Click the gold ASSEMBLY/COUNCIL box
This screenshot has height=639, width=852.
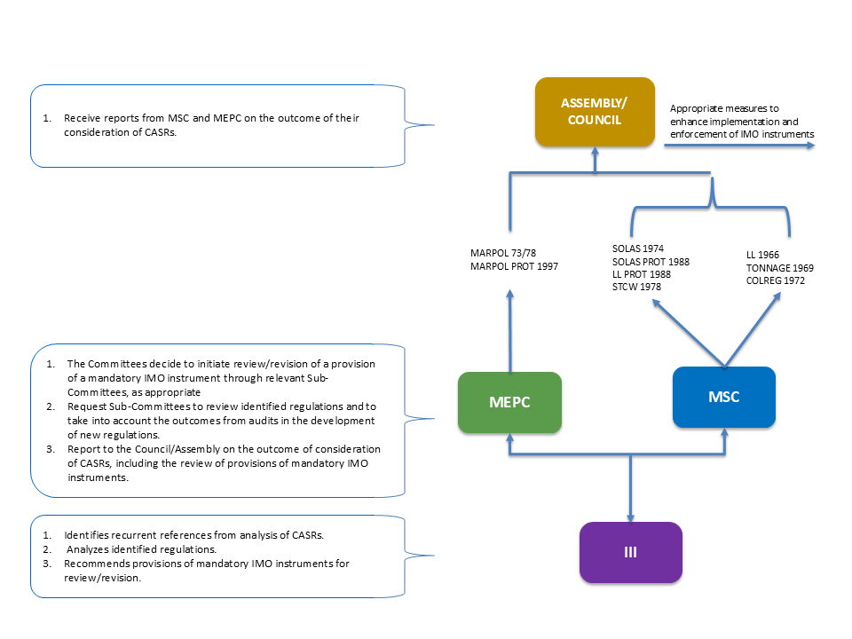coord(595,112)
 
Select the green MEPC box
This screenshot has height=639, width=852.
coord(509,402)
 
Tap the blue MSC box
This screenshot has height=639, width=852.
coord(724,398)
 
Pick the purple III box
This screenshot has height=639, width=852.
coord(630,553)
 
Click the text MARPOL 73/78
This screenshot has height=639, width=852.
coord(503,253)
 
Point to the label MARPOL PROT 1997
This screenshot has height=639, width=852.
coord(514,266)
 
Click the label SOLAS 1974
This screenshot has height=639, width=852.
coord(638,248)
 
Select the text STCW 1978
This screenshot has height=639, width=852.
coord(637,287)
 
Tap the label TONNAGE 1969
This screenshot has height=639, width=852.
coord(780,268)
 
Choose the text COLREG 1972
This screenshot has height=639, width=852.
coord(776,280)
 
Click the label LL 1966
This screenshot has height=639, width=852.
coord(762,255)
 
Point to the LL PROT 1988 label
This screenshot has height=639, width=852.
coord(641,274)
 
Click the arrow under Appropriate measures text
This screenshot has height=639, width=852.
coord(739,146)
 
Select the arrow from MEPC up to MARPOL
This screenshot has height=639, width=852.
coord(509,331)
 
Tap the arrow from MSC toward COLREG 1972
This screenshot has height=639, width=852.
coord(753,330)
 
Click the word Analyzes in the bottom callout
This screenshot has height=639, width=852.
coord(87,549)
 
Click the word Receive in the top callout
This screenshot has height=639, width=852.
coord(82,118)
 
